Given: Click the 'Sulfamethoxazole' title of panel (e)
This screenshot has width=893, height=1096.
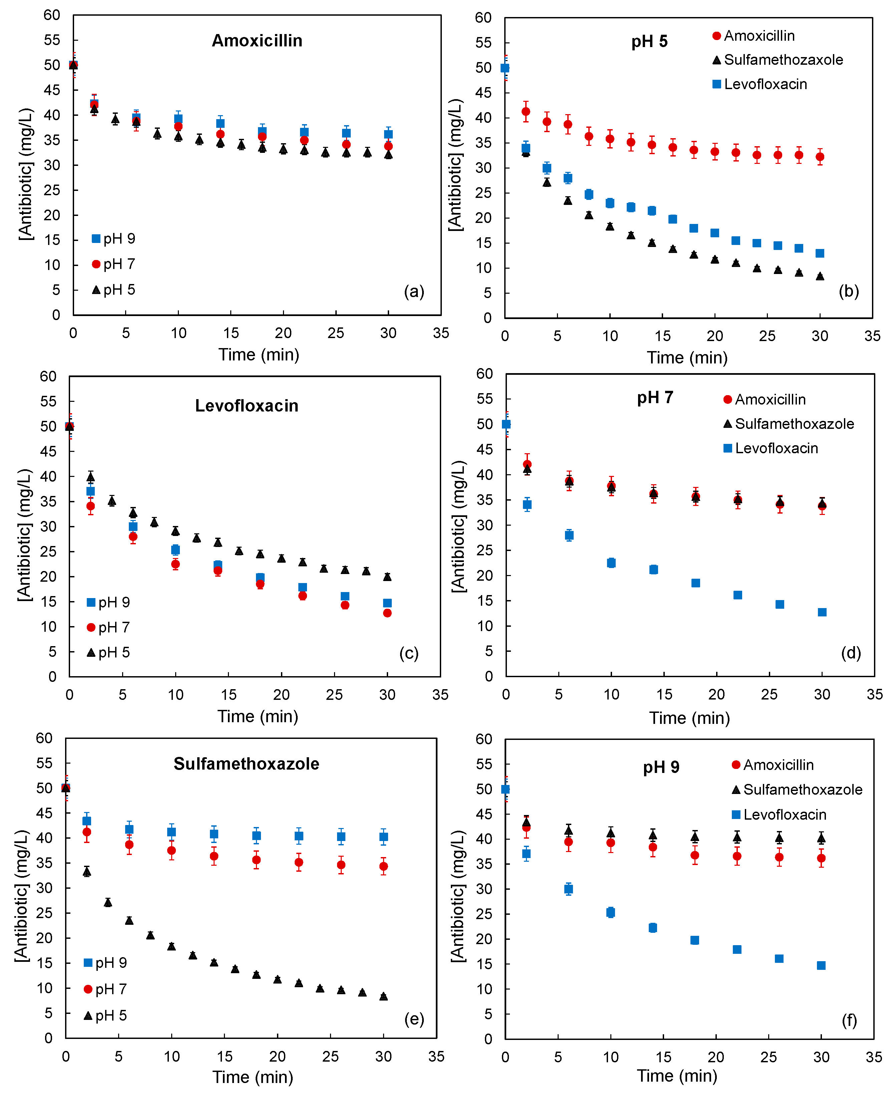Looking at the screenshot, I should click(x=246, y=764).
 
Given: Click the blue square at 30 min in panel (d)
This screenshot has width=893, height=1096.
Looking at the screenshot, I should click(x=822, y=612).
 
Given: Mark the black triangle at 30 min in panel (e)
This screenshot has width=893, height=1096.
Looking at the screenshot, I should click(x=383, y=996).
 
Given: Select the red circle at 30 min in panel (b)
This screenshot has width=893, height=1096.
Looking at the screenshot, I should click(x=820, y=157).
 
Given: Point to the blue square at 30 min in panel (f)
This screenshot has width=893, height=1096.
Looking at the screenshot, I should click(x=821, y=966).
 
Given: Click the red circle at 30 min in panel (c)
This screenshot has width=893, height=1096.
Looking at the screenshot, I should click(x=387, y=613).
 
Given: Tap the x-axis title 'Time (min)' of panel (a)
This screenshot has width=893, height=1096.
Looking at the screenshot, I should click(x=259, y=355).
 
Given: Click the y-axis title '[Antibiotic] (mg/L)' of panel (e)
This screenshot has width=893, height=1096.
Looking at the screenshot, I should click(x=22, y=896).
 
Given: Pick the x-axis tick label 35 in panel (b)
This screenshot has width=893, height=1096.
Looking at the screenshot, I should click(x=872, y=336).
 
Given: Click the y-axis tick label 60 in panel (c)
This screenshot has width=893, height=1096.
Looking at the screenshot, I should click(x=48, y=376).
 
